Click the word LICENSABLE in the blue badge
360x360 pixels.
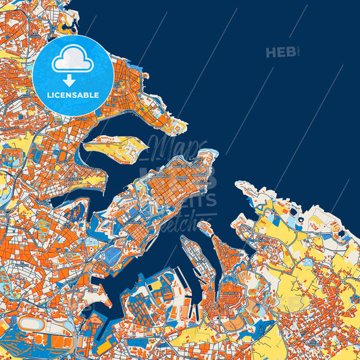tap(72, 95)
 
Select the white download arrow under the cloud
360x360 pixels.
tap(69, 80)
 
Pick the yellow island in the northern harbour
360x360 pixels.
tap(115, 145)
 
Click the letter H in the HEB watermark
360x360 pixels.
tap(272, 52)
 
